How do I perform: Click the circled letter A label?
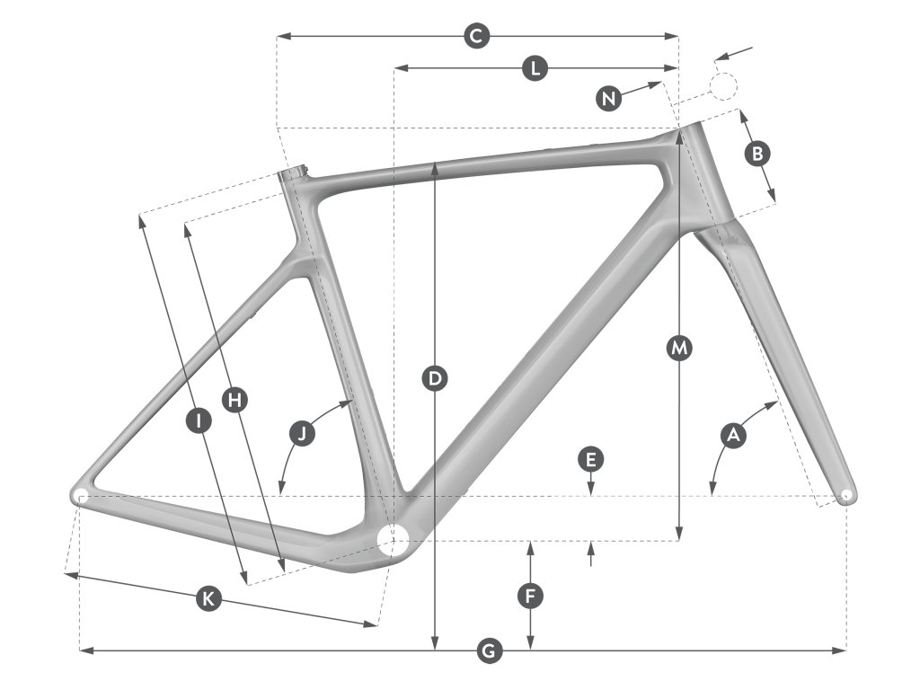[734, 436]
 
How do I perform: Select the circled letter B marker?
[756, 154]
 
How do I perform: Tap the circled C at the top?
[476, 37]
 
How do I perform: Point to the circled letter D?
[435, 379]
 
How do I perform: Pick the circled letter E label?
[589, 460]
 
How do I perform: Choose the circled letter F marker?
[531, 595]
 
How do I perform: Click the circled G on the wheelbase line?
[488, 650]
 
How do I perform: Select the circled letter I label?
[199, 420]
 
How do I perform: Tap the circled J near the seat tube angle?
[304, 434]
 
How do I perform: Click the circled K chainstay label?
[208, 599]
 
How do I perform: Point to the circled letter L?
[535, 68]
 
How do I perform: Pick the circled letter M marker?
[679, 347]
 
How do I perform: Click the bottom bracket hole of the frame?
[392, 541]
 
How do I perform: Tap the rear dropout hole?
[79, 495]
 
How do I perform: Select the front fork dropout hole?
[845, 494]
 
